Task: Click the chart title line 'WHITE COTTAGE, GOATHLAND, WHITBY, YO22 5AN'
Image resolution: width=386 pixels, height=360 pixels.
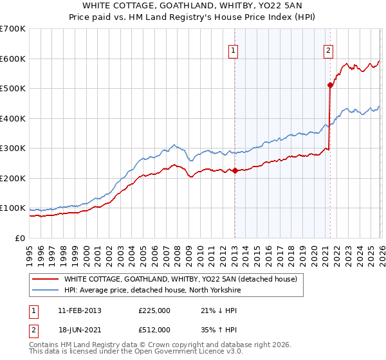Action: point(193,7)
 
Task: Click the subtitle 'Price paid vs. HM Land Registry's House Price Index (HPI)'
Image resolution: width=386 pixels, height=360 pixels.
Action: point(193,18)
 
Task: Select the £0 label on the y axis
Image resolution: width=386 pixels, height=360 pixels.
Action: point(20,238)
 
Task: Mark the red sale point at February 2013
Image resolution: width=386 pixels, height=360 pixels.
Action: point(235,170)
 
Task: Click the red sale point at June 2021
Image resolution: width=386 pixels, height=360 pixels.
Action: point(330,84)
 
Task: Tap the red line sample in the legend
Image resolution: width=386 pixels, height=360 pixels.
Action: point(45,280)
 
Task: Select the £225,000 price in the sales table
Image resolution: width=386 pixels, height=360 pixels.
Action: point(154,310)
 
